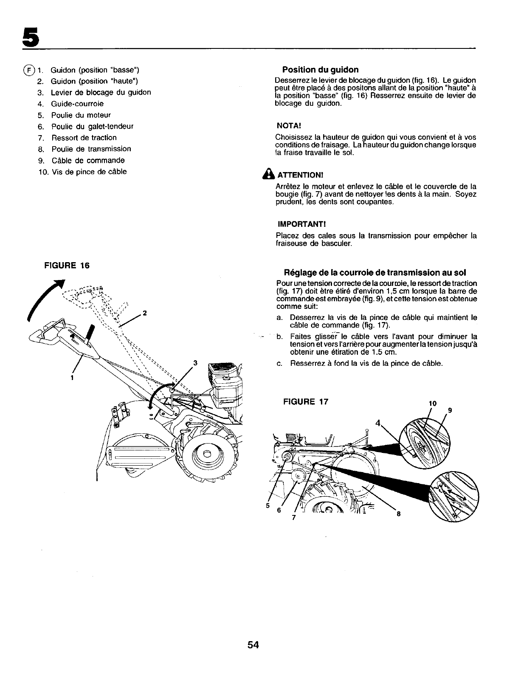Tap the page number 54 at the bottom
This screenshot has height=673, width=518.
(253, 645)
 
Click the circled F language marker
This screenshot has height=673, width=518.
(28, 70)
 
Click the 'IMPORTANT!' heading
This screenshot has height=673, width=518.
(298, 224)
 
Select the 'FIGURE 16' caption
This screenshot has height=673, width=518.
(67, 266)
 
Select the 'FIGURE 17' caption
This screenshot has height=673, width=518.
(305, 402)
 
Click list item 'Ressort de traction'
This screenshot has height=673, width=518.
(84, 138)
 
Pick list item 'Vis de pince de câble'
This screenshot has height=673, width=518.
(89, 172)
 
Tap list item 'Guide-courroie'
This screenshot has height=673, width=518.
(77, 104)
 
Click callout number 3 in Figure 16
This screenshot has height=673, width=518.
(195, 363)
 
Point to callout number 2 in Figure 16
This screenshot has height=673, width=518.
(145, 313)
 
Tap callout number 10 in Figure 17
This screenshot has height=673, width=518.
(433, 402)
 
